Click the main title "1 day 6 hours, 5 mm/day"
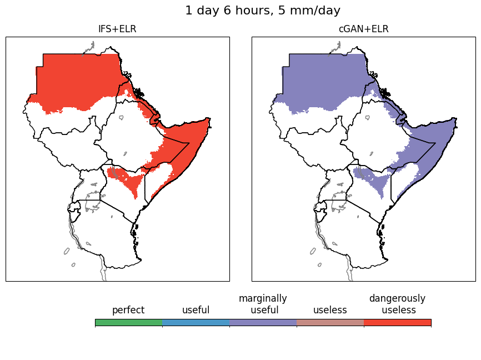pos(262,11)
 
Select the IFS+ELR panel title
pos(117,29)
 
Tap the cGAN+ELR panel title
pos(363,29)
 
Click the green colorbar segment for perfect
pos(128,322)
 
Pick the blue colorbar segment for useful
pos(196,322)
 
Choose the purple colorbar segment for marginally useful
pos(263,322)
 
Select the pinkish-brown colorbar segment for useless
pos(330,322)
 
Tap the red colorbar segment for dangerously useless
pos(397,322)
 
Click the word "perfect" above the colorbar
pos(128,310)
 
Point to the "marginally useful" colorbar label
pos(263,304)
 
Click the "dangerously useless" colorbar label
pos(397,304)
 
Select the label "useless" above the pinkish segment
pos(330,310)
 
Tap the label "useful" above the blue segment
pos(196,310)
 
